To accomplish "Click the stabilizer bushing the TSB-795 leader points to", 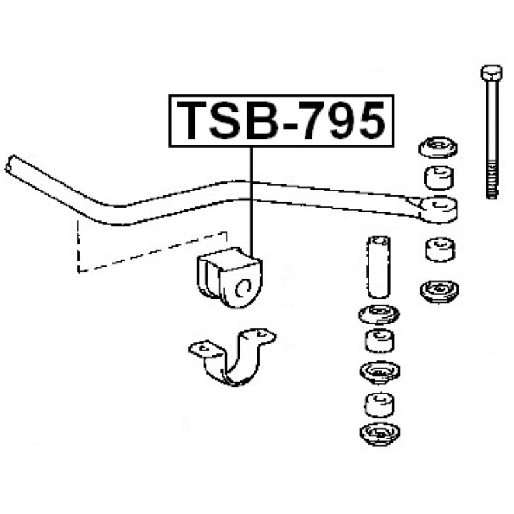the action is point(229,277).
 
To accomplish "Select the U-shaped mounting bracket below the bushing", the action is point(231,357).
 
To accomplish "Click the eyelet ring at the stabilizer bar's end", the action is point(439,209).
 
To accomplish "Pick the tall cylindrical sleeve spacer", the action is point(378,267).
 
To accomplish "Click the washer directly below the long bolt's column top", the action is point(438,147).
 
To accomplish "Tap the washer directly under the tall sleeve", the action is point(379,314).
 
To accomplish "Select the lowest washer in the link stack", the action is point(380,434).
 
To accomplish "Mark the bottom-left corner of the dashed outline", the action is point(78,272).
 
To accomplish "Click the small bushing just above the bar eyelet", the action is point(439,178).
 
